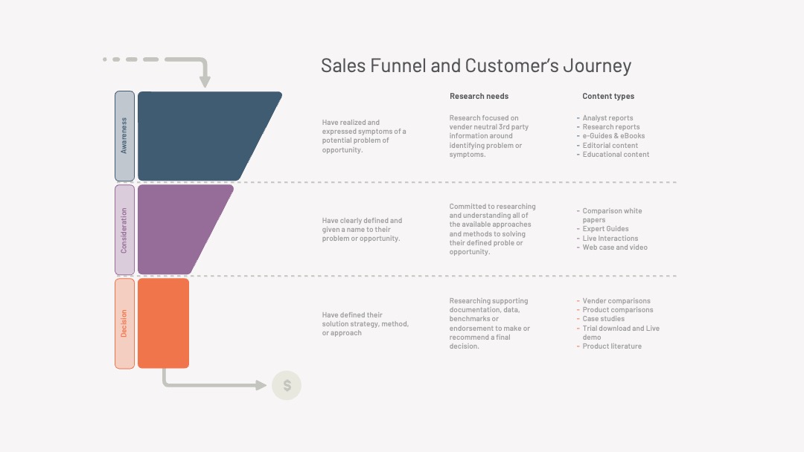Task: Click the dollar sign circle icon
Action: (287, 385)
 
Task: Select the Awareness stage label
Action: (124, 136)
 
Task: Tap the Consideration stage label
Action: (124, 230)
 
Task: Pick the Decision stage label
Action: (124, 323)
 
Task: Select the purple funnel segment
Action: (179, 230)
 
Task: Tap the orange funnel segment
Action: (164, 323)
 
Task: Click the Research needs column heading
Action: (479, 96)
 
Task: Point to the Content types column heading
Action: (608, 96)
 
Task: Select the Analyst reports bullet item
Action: (607, 118)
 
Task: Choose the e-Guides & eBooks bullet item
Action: (613, 136)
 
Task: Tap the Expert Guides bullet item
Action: (605, 229)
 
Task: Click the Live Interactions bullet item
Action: (610, 239)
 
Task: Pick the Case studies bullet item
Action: (603, 319)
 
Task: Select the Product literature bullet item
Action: (612, 346)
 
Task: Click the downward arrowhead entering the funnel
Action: (205, 82)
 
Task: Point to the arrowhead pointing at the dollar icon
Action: (261, 385)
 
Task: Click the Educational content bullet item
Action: (616, 155)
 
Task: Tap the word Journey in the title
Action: (597, 66)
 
